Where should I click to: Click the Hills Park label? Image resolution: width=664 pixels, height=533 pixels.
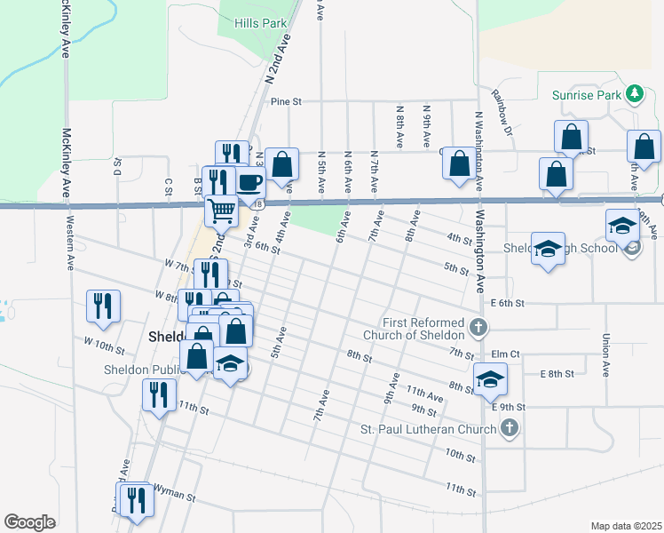(259, 23)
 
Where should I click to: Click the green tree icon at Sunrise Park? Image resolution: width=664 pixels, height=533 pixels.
(634, 93)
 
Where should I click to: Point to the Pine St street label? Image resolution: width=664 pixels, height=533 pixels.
(287, 102)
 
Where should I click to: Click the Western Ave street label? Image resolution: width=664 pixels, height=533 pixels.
(70, 251)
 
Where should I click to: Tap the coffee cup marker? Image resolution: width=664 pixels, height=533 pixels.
(249, 183)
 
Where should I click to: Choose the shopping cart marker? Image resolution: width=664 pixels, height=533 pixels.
(221, 211)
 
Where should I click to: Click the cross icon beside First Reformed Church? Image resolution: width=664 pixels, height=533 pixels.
(478, 328)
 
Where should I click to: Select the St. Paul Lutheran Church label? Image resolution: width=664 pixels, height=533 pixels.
(427, 430)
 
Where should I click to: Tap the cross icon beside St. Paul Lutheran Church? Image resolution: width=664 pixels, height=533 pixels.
(509, 429)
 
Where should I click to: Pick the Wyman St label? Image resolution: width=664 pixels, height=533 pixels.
(174, 489)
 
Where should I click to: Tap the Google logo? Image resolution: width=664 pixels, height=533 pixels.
(30, 522)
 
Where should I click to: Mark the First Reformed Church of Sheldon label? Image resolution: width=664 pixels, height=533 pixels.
(423, 328)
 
